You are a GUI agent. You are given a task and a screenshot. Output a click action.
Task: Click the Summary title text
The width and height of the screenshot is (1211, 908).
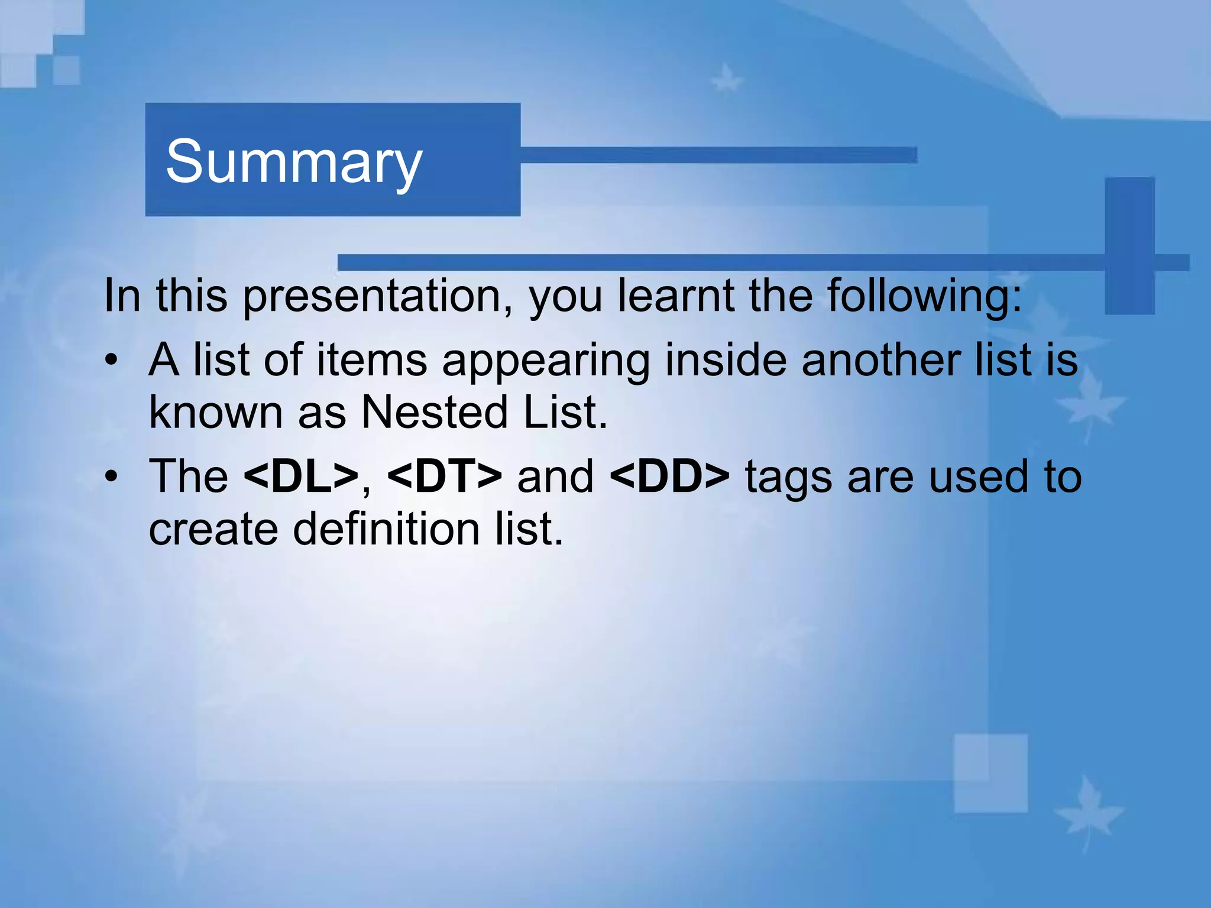pos(294,161)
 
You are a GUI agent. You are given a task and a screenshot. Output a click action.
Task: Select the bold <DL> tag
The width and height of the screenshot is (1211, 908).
pos(301,476)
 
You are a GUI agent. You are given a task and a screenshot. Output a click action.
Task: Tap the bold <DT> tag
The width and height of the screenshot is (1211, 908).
pos(445,476)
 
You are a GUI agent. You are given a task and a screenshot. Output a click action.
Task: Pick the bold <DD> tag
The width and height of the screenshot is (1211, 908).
pos(669,476)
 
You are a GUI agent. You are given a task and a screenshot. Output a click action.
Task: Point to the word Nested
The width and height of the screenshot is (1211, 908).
pos(434,412)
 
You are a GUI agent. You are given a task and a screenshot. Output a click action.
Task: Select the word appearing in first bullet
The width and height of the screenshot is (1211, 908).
pos(546,361)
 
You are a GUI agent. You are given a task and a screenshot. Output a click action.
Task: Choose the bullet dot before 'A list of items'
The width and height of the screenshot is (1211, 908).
pos(111,361)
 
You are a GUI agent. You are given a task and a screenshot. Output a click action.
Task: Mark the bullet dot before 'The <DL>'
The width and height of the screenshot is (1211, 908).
pos(111,476)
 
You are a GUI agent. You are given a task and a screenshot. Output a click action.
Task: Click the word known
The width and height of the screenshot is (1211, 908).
pos(215,412)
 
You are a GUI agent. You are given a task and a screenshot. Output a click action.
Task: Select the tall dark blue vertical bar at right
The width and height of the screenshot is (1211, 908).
pos(1129,245)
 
